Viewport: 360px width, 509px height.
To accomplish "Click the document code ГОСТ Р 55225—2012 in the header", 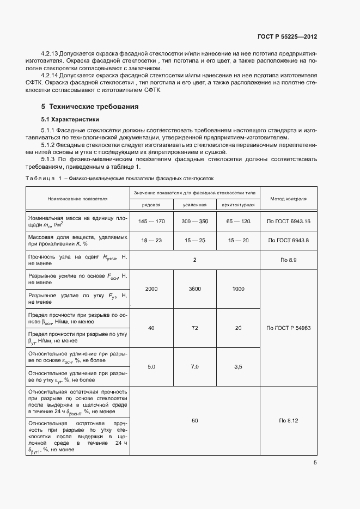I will [287, 36].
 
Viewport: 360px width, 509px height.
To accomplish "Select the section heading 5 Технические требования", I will [90, 106].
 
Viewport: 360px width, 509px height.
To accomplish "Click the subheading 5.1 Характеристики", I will [70, 119].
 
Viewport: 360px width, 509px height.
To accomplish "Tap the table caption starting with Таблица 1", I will [120, 178].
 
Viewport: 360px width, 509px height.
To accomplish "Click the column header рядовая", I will [151, 204].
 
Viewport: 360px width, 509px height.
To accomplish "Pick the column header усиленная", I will [194, 204].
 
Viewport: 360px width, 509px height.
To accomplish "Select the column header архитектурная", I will [238, 204].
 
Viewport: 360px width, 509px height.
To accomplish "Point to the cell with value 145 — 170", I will [151, 222].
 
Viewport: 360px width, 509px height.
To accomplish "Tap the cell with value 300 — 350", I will [194, 222].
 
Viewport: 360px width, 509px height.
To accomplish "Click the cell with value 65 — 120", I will [238, 222].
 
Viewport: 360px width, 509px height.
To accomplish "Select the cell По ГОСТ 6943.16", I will [288, 222].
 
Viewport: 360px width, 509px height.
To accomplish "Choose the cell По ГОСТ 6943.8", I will [288, 241].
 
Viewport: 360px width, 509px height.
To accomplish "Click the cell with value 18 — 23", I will [151, 241].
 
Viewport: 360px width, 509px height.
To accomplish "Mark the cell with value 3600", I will [194, 289].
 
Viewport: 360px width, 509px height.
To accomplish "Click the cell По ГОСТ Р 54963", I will [288, 328].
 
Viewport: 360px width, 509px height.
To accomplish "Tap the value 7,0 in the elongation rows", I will [194, 367].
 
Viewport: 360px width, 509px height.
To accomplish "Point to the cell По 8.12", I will [288, 421].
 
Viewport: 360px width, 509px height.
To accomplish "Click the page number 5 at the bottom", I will [315, 463].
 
